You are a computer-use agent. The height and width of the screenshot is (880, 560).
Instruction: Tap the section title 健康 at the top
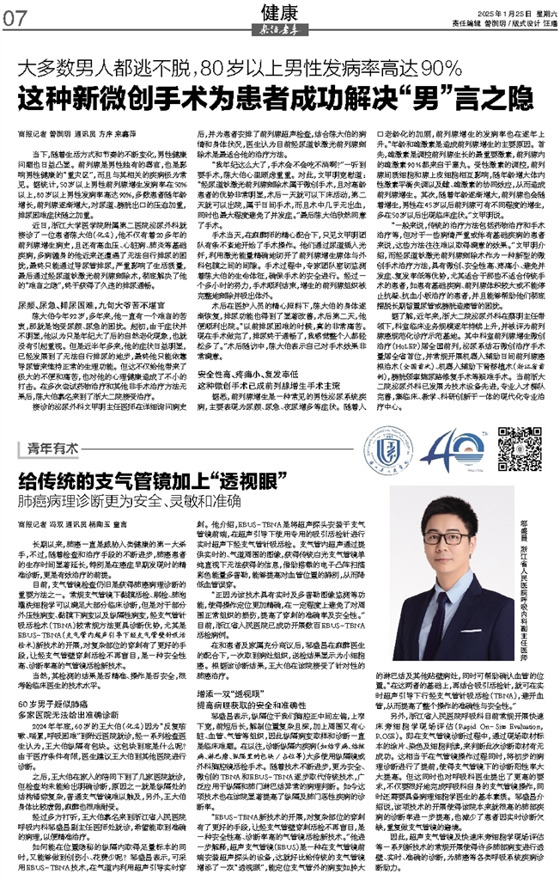point(277,11)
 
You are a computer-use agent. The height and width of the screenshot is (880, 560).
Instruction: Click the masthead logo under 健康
point(277,29)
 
